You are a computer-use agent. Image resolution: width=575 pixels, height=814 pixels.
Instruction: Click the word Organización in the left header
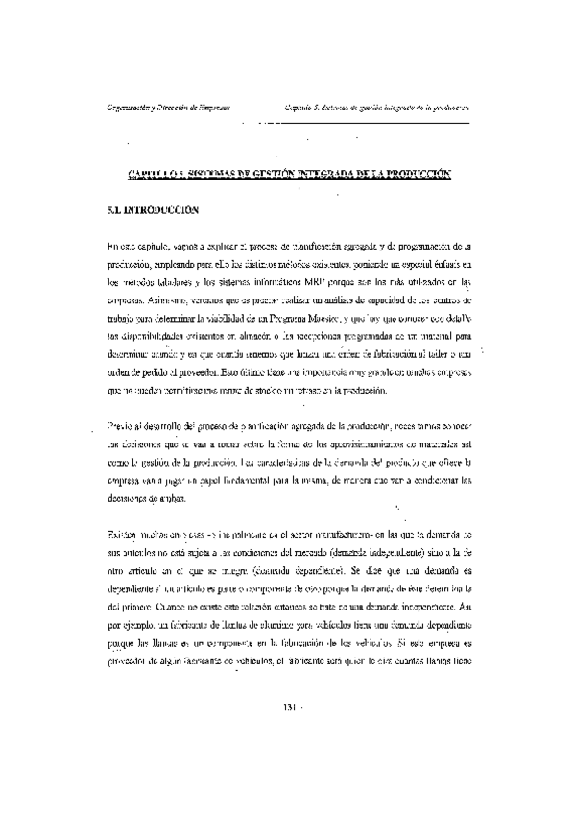click(x=132, y=108)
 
